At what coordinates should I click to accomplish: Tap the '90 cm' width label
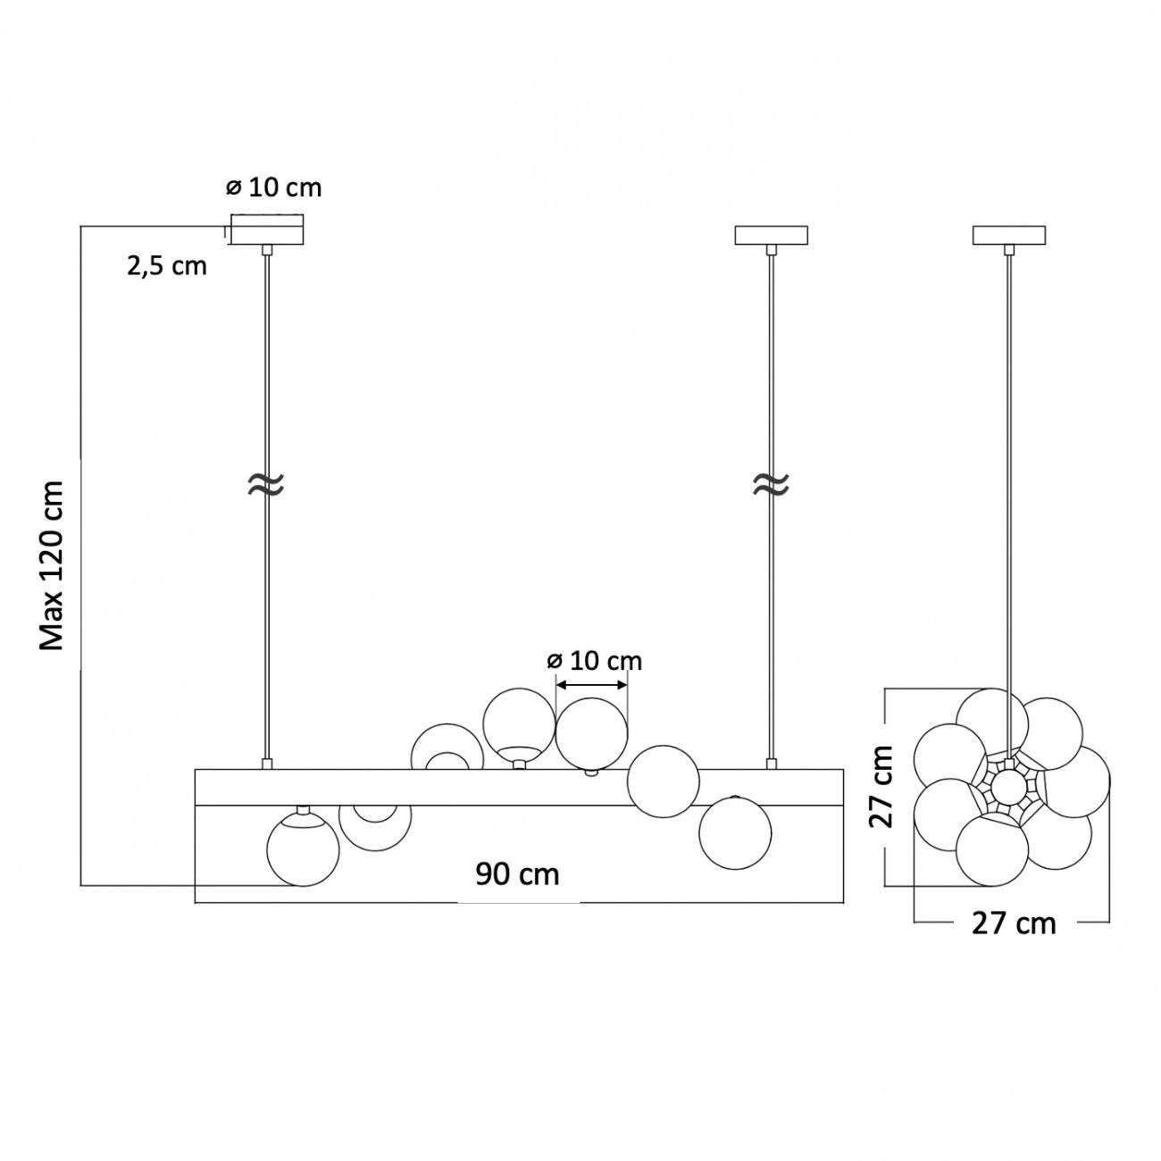[517, 874]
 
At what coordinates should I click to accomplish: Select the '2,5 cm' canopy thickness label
[167, 266]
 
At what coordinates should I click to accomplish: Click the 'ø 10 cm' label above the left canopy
[273, 188]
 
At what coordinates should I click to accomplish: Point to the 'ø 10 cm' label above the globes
[594, 662]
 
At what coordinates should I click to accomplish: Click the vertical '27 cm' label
[881, 786]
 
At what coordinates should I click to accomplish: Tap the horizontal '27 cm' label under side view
[1014, 923]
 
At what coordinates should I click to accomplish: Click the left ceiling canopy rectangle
[266, 230]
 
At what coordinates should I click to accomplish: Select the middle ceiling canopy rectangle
[771, 235]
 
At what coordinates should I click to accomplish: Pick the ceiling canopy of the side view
[1009, 235]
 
